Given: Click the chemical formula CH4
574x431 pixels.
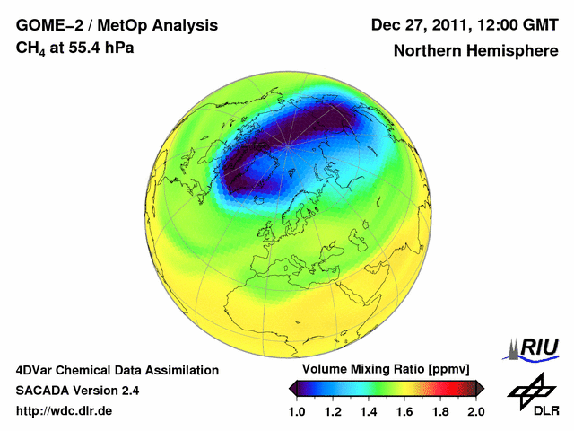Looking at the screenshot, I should click(29, 48).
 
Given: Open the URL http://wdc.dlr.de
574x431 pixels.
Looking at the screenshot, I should click(64, 411).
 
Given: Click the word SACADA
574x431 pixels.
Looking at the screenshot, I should click(41, 391).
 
